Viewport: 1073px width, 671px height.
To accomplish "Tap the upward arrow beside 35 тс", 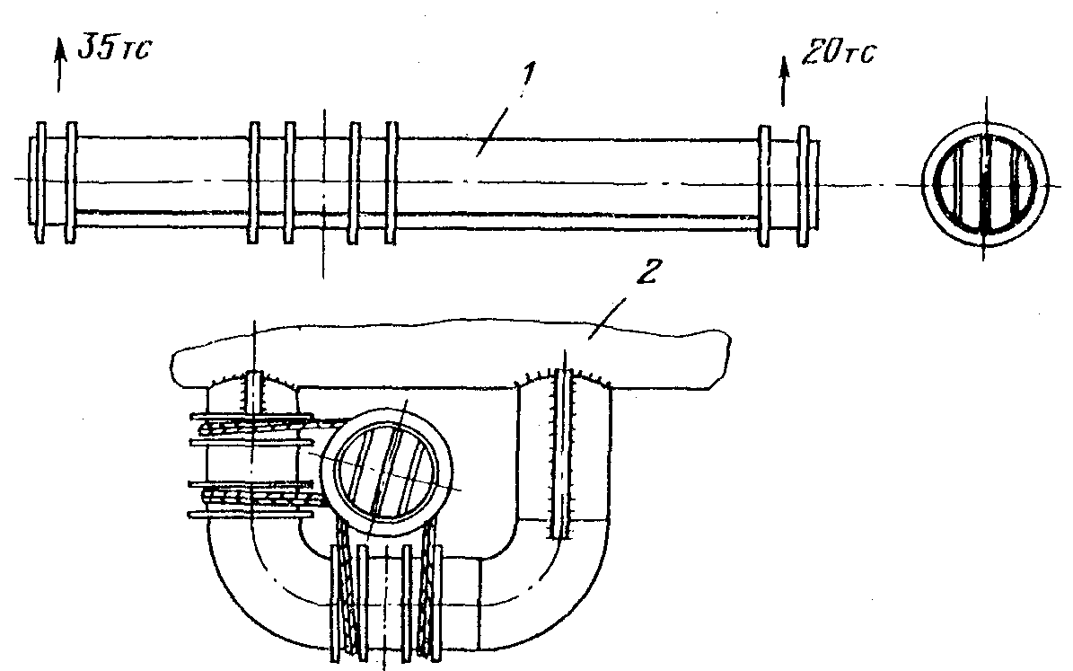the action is click(60, 65).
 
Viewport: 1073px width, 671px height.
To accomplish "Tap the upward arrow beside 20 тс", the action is click(785, 82).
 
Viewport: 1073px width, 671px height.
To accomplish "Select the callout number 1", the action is click(528, 75).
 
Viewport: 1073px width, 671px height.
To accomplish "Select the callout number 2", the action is click(647, 272).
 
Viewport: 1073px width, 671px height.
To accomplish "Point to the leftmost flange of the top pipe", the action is click(41, 183).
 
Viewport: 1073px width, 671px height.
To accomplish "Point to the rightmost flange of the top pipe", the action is click(804, 186).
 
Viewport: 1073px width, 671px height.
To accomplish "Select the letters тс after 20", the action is click(859, 55).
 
